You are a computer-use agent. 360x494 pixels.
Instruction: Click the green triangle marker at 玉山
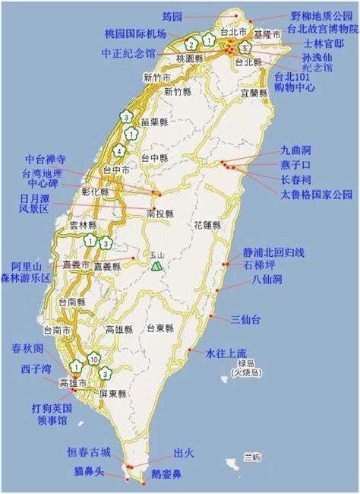pyautogui.click(x=156, y=266)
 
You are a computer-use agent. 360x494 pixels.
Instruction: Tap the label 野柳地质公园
pyautogui.click(x=321, y=15)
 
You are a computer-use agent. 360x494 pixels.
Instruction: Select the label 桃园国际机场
pyautogui.click(x=141, y=33)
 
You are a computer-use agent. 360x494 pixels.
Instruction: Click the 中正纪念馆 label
pyautogui.click(x=128, y=54)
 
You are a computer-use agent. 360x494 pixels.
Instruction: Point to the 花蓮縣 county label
pyautogui.click(x=207, y=226)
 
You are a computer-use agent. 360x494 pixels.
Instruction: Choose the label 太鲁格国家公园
pyautogui.click(x=317, y=194)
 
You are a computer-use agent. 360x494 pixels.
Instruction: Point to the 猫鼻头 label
pyautogui.click(x=89, y=473)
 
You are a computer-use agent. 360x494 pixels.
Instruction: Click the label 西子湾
pyautogui.click(x=36, y=369)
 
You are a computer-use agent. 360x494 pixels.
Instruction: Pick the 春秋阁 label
pyautogui.click(x=27, y=349)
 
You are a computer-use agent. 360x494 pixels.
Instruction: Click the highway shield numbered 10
pyautogui.click(x=93, y=359)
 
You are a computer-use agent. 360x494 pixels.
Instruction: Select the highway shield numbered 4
pyautogui.click(x=120, y=150)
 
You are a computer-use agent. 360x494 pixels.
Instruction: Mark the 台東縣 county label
pyautogui.click(x=160, y=328)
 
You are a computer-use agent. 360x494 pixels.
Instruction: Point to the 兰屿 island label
pyautogui.click(x=251, y=457)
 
